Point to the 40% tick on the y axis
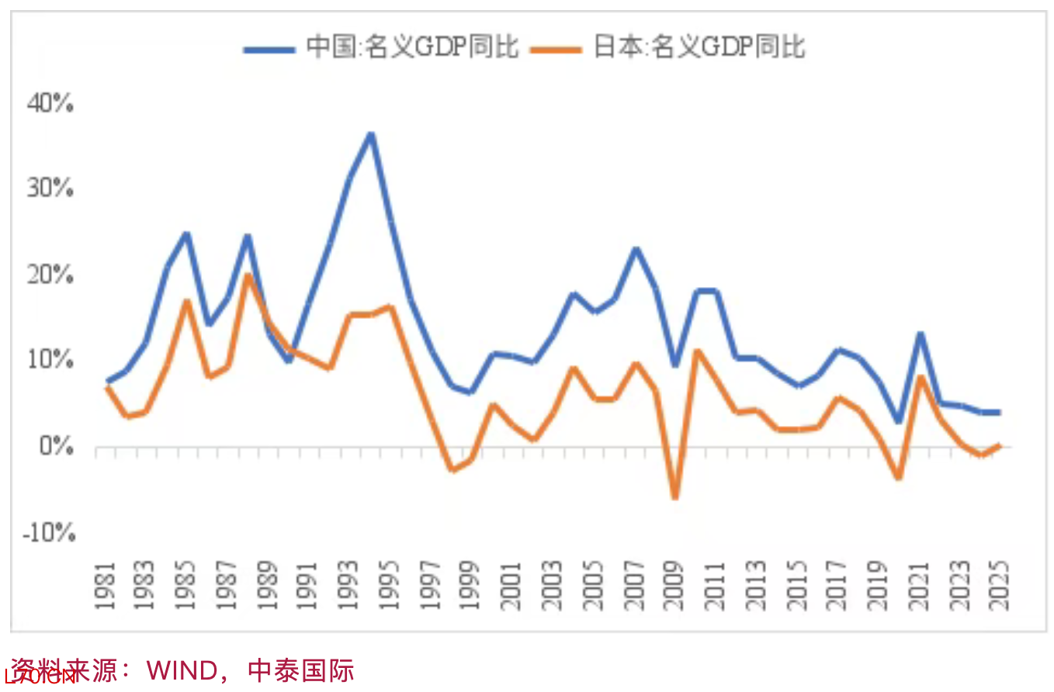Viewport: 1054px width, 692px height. click(50, 103)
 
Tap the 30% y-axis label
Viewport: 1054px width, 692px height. click(50, 189)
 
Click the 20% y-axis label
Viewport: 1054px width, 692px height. click(50, 275)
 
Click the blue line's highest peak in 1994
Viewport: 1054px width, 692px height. click(371, 135)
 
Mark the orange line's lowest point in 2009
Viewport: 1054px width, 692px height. click(674, 497)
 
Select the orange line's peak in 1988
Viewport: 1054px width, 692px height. click(248, 275)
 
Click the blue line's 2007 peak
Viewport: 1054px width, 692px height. click(634, 249)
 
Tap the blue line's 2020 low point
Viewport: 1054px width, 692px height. click(898, 421)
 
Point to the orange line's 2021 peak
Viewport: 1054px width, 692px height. click(919, 378)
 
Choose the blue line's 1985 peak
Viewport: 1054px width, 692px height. click(186, 234)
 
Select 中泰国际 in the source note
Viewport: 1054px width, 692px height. click(301, 670)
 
